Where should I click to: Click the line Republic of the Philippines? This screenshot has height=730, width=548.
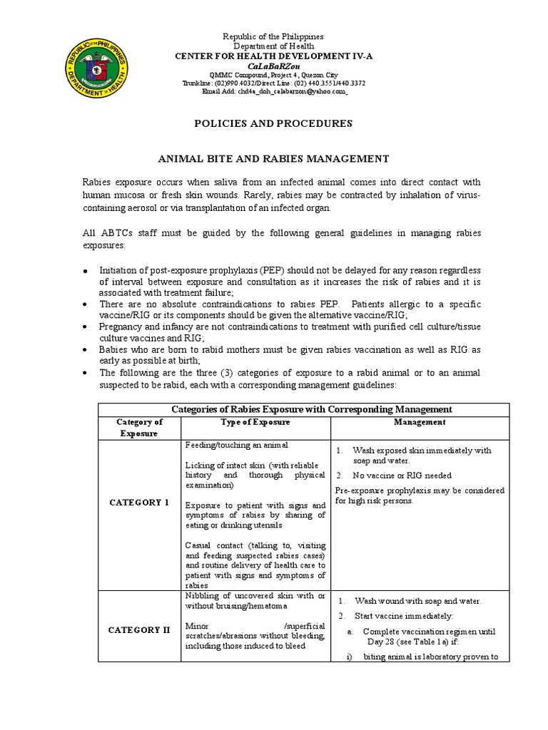(274, 36)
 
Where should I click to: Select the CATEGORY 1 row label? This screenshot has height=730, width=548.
(139, 503)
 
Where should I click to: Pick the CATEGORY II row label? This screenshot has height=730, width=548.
(139, 630)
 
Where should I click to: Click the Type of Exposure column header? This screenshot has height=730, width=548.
(255, 422)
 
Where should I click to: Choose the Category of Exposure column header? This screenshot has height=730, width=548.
(140, 428)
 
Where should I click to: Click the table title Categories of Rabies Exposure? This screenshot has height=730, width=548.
(313, 409)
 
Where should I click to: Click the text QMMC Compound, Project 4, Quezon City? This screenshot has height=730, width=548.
(274, 75)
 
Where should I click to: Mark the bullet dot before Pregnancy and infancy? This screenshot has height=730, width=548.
(85, 327)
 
